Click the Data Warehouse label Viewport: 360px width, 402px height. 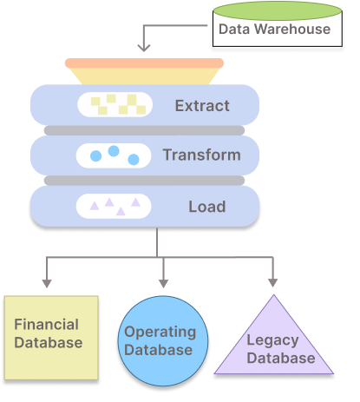pyautogui.click(x=274, y=29)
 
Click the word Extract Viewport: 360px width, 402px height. pyautogui.click(x=202, y=107)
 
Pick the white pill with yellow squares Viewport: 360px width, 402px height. pyautogui.click(x=115, y=106)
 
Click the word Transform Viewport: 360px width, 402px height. pyautogui.click(x=201, y=156)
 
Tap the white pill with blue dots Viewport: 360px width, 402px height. pyautogui.click(x=115, y=156)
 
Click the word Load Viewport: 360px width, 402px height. pyautogui.click(x=206, y=207)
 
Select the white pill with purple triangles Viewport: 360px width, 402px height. pyautogui.click(x=115, y=207)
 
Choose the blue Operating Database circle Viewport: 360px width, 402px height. pyautogui.click(x=160, y=342)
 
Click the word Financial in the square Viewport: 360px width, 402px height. pyautogui.click(x=47, y=325)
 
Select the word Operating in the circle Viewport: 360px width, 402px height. pyautogui.click(x=160, y=332)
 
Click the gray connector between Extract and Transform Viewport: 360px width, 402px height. pyautogui.click(x=144, y=131)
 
